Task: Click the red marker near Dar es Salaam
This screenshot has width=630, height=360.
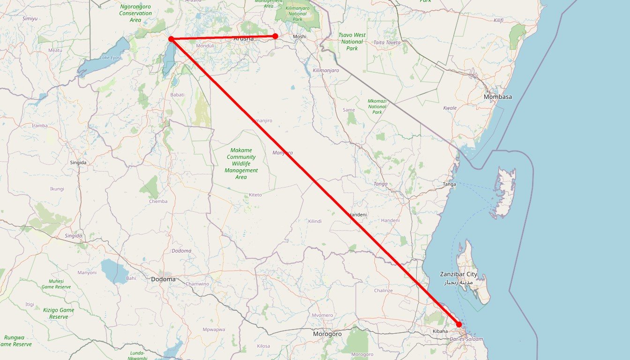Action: (x=459, y=324)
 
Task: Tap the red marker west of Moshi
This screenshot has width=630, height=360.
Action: (x=275, y=36)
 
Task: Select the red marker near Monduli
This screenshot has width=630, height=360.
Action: (x=171, y=39)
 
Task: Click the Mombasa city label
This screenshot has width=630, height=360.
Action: (x=498, y=97)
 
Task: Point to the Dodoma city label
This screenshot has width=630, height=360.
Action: (x=163, y=279)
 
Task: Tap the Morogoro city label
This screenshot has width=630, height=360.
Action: (x=327, y=334)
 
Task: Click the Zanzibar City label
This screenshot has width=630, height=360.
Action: (x=458, y=274)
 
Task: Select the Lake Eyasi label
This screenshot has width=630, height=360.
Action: (x=111, y=58)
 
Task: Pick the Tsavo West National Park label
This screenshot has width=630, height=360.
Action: (x=352, y=42)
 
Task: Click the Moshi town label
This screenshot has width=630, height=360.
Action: (x=299, y=37)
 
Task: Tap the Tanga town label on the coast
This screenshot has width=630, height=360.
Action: (x=449, y=185)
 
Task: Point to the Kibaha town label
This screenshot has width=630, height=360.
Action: (x=440, y=331)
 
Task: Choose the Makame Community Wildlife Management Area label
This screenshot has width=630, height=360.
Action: (x=241, y=164)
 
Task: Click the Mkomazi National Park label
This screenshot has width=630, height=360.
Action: (x=377, y=106)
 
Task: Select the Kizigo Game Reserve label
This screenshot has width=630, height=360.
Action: (x=59, y=313)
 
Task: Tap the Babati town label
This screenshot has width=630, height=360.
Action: (x=177, y=95)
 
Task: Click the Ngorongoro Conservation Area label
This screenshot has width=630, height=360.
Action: (x=135, y=13)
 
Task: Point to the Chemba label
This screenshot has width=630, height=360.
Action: (x=158, y=202)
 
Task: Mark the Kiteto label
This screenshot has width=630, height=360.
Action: (x=255, y=195)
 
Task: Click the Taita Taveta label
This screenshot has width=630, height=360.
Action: (x=387, y=43)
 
